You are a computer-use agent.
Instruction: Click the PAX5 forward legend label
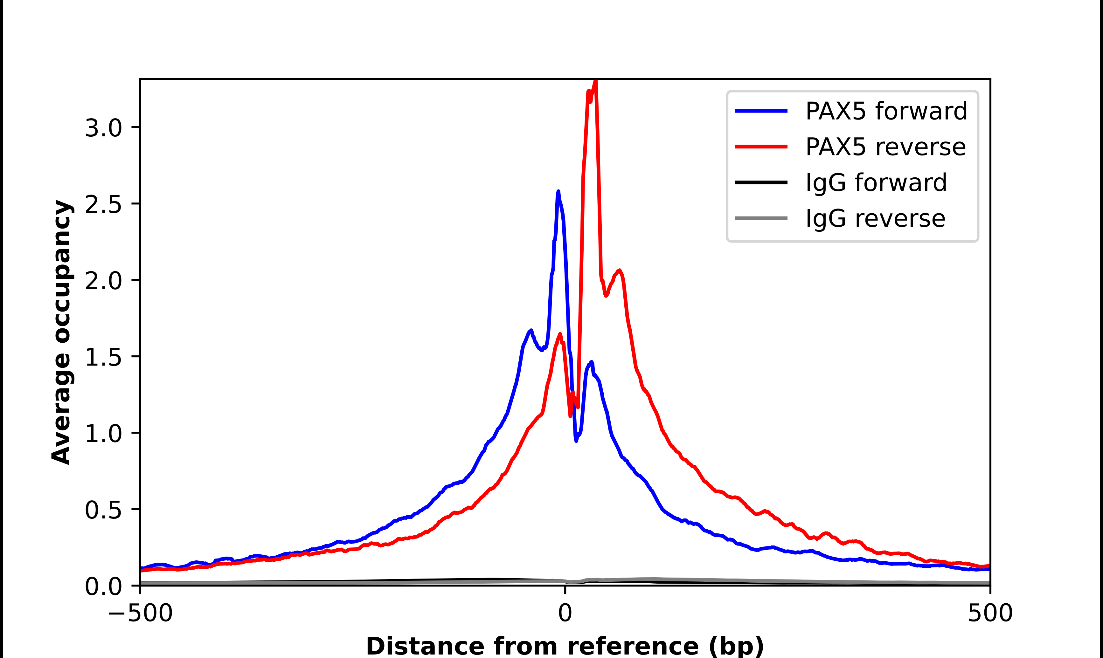tap(886, 111)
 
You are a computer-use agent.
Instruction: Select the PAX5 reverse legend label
tap(885, 147)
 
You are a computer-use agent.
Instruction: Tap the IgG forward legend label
tap(876, 183)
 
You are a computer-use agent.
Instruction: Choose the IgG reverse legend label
tap(875, 219)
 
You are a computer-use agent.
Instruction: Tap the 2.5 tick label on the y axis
tap(103, 204)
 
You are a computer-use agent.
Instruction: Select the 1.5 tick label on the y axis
tap(103, 357)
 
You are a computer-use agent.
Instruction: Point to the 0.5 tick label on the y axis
tap(103, 510)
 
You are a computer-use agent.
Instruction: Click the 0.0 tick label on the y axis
tap(103, 586)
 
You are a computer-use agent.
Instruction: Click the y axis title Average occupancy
tap(61, 332)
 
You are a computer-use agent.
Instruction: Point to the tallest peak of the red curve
tap(596, 81)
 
